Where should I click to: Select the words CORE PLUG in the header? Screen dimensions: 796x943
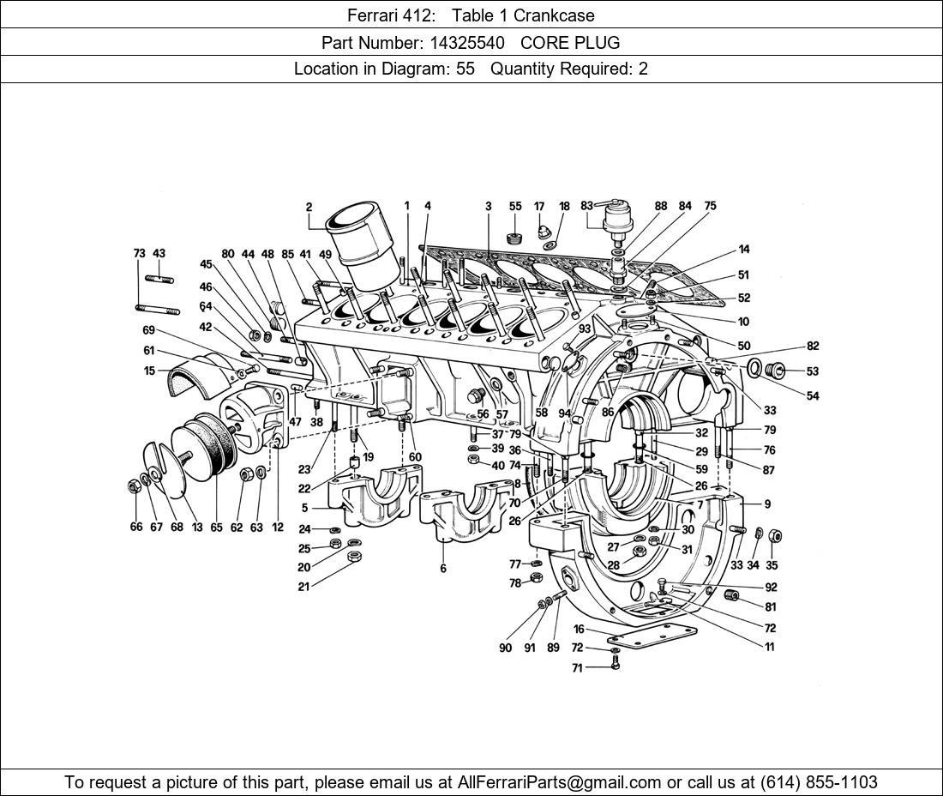[x=570, y=42]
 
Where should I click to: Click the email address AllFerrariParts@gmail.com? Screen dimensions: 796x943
[x=560, y=782]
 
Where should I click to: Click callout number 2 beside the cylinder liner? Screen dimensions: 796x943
[x=309, y=207]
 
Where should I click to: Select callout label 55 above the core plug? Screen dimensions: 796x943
[x=515, y=207]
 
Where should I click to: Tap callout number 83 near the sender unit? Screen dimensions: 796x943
[x=586, y=206]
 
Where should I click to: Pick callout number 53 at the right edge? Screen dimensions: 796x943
[x=812, y=371]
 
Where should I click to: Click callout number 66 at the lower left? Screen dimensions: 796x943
[x=136, y=527]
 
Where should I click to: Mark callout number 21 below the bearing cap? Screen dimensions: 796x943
[x=303, y=587]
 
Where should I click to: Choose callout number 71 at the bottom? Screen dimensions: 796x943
[x=578, y=667]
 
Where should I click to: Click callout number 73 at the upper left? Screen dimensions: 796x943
[x=139, y=254]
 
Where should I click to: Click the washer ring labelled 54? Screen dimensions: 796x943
[x=755, y=369]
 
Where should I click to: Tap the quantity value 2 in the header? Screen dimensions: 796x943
[x=643, y=69]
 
